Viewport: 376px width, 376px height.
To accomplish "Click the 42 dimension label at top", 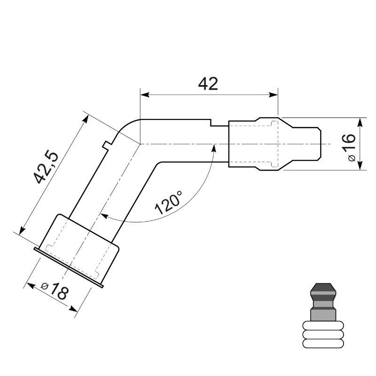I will pyautogui.click(x=208, y=84).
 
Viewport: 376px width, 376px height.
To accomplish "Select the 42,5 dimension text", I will pyautogui.click(x=46, y=167).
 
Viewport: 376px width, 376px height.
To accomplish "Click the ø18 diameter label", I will pyautogui.click(x=55, y=292).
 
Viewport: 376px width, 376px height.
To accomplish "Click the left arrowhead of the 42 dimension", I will pyautogui.click(x=144, y=94).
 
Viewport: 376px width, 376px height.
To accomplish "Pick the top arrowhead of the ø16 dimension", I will pyautogui.click(x=360, y=121).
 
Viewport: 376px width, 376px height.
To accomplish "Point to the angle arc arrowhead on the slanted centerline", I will pyautogui.click(x=104, y=216).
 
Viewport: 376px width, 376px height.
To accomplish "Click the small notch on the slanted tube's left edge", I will pyautogui.click(x=106, y=143).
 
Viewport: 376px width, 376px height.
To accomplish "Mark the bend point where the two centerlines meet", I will pyautogui.click(x=141, y=144).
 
